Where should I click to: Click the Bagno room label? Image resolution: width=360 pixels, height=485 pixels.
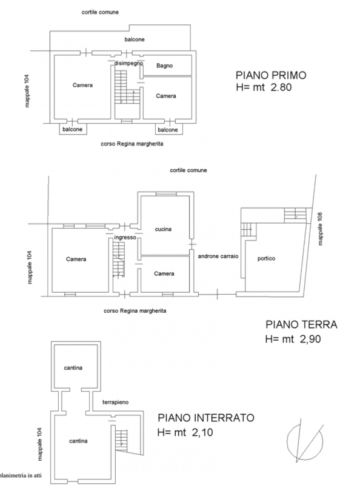coord(164,65)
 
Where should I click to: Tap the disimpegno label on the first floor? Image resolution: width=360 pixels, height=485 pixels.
coord(128,64)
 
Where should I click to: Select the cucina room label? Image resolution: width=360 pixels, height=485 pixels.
coord(163,229)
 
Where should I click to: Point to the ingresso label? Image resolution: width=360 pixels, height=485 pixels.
coord(125,238)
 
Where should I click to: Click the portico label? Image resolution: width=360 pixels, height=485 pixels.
coord(266,259)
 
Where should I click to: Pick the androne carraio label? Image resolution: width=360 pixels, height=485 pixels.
coord(218,256)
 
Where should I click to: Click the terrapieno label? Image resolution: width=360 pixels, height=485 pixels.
coord(115,403)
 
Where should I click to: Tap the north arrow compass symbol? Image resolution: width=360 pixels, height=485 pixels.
coord(305,441)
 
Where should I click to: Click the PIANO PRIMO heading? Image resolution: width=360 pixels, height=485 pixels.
coord(271,75)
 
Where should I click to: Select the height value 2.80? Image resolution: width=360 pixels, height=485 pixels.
coord(281,87)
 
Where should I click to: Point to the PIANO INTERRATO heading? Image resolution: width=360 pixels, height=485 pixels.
coord(206,418)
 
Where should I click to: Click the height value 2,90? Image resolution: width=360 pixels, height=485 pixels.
coord(310,339)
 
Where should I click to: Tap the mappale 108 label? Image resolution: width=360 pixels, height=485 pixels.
coord(320,229)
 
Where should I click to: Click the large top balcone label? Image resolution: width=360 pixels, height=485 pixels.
coord(135,39)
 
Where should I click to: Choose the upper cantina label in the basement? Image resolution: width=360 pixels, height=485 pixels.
coord(73,368)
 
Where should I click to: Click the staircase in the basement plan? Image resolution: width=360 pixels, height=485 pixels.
coord(122,438)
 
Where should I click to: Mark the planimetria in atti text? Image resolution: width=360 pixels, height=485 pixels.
coord(21,475)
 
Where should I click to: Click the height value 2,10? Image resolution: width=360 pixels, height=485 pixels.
coord(202,432)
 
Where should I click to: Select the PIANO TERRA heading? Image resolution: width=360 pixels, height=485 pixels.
coord(302,324)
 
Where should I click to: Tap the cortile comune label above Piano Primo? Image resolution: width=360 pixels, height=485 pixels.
coord(100,12)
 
